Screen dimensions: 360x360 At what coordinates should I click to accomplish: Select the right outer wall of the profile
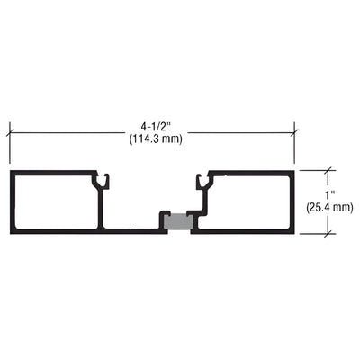click(x=294, y=201)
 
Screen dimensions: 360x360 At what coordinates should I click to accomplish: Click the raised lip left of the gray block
click(x=163, y=219)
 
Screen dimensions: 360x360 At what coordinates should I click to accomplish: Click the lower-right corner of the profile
click(x=294, y=232)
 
